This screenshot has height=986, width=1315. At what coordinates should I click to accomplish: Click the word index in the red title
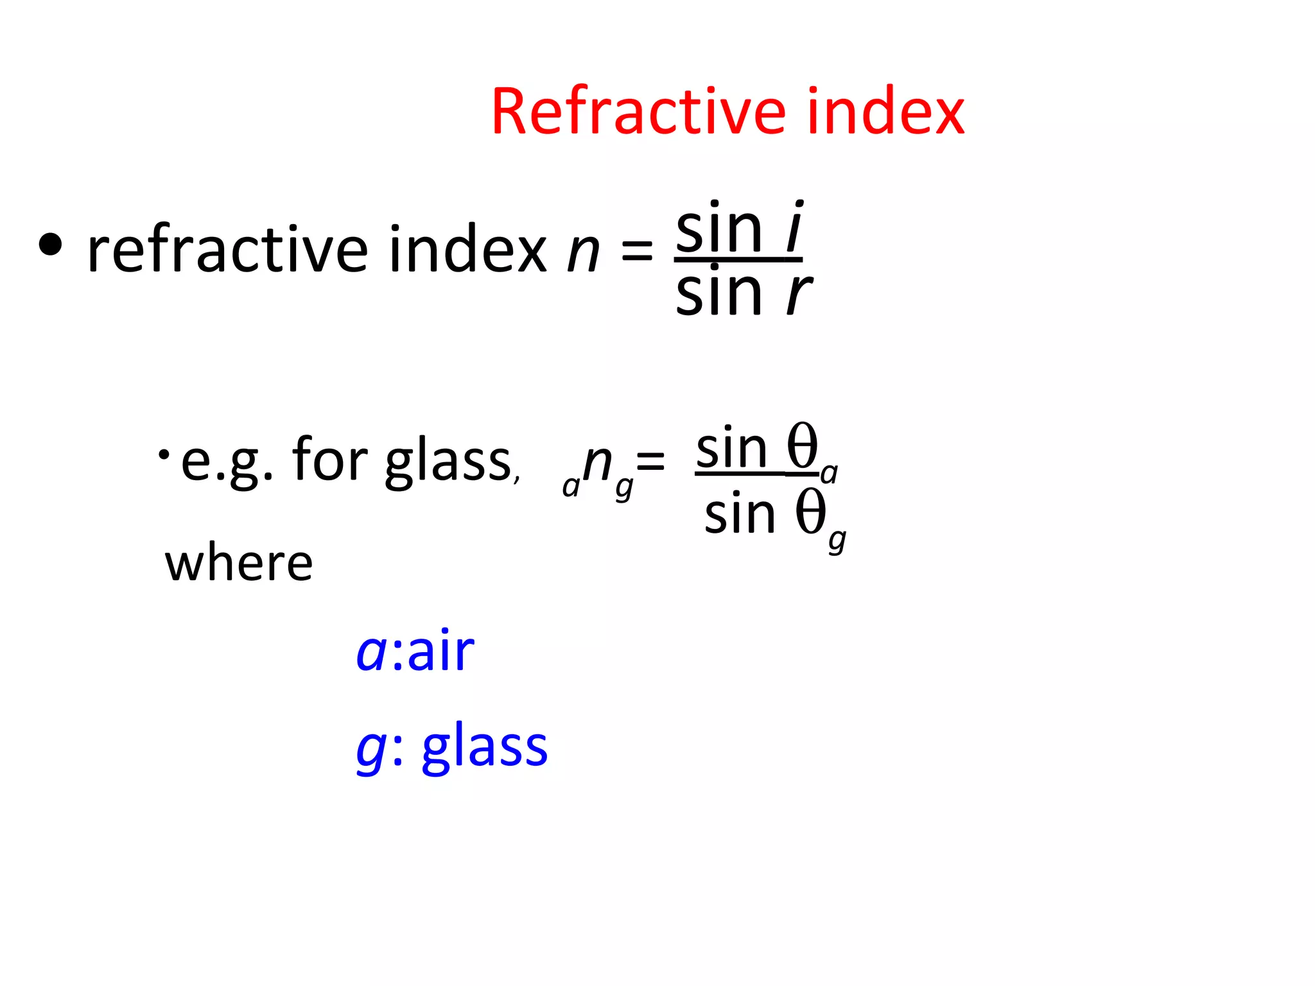pyautogui.click(x=885, y=112)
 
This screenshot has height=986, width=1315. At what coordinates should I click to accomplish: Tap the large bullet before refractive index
pyautogui.click(x=51, y=245)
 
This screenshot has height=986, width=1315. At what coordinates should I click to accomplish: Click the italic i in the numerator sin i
pyautogui.click(x=794, y=228)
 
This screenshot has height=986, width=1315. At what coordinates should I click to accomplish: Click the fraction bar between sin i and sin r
pyautogui.click(x=738, y=260)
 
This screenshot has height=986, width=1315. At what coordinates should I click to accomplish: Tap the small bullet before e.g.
pyautogui.click(x=164, y=454)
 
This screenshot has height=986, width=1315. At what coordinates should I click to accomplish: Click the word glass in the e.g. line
pyautogui.click(x=448, y=461)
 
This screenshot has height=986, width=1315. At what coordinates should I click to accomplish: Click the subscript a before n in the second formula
pyautogui.click(x=570, y=487)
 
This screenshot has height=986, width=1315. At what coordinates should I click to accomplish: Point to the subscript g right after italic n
pyautogui.click(x=624, y=488)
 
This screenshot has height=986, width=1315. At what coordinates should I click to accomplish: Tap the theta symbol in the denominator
pyautogui.click(x=810, y=512)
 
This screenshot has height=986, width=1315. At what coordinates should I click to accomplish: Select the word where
pyautogui.click(x=239, y=564)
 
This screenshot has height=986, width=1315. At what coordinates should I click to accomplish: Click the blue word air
pyautogui.click(x=441, y=652)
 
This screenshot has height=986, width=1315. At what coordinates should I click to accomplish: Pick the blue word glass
pyautogui.click(x=485, y=746)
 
